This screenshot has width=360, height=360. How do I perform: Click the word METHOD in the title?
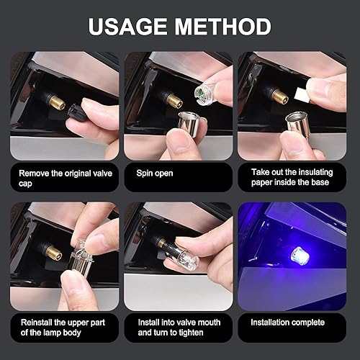coord(225,27)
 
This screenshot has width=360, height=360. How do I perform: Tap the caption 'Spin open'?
coord(153,173)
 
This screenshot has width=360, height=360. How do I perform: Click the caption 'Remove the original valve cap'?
coord(64,177)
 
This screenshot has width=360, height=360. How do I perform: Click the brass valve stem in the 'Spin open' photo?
coord(172,100)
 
